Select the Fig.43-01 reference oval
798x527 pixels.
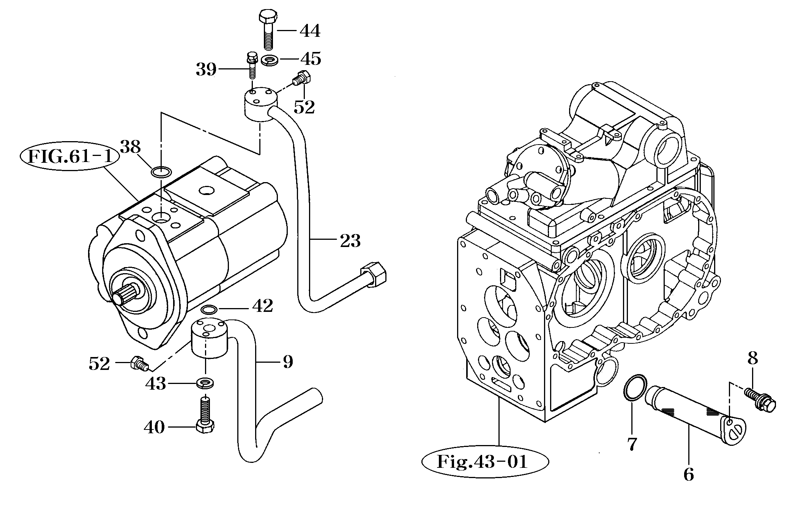tap(485, 462)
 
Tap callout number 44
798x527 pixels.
tap(310, 31)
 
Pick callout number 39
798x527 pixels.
tap(206, 69)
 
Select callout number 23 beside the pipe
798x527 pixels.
tap(350, 241)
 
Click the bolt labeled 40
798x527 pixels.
tap(205, 415)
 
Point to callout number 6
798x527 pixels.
tap(688, 474)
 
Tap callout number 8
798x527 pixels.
tap(752, 358)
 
